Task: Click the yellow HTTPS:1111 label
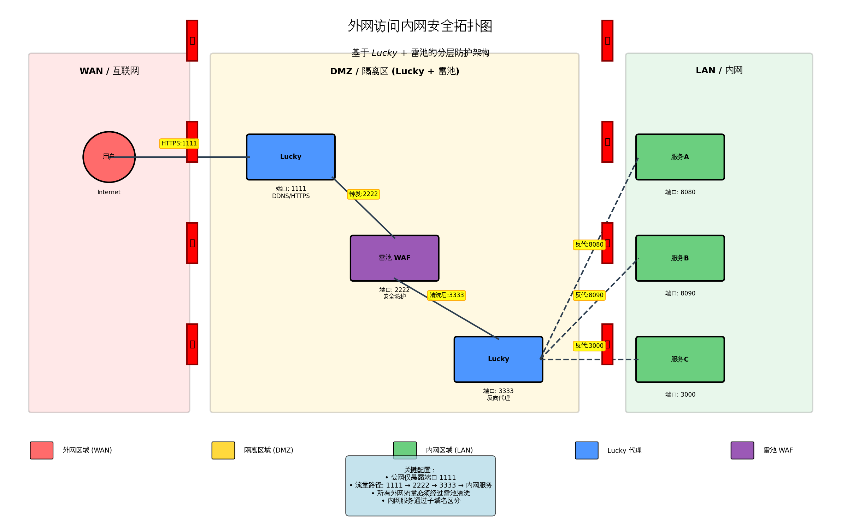pos(179,143)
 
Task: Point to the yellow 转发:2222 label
pos(363,194)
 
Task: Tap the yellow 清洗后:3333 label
pos(446,295)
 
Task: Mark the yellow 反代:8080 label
pos(589,244)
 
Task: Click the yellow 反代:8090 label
pos(589,295)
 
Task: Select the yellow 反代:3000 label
pos(589,346)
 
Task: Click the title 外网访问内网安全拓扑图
pos(420,26)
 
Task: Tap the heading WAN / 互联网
pos(109,71)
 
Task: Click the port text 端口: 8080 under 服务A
pos(680,192)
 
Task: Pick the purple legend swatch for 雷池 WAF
pos(742,450)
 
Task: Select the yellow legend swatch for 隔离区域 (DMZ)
pos(223,450)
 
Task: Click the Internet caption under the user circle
pos(109,192)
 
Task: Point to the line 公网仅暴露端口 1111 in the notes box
pos(420,477)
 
